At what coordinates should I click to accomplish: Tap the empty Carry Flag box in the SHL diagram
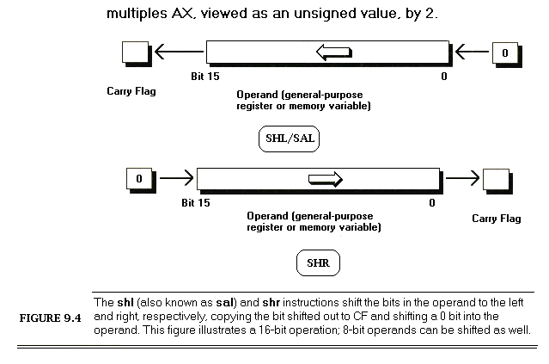click(x=134, y=53)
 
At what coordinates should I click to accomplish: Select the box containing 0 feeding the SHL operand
click(x=504, y=53)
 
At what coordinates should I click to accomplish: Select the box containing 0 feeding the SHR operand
click(x=138, y=179)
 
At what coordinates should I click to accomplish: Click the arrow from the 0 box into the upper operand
click(x=472, y=53)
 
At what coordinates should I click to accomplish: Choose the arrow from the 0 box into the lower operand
click(x=175, y=179)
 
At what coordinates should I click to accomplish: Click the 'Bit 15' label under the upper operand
click(x=204, y=77)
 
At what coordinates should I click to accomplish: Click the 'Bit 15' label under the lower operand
click(x=197, y=203)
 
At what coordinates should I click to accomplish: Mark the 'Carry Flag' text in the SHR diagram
click(x=497, y=219)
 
